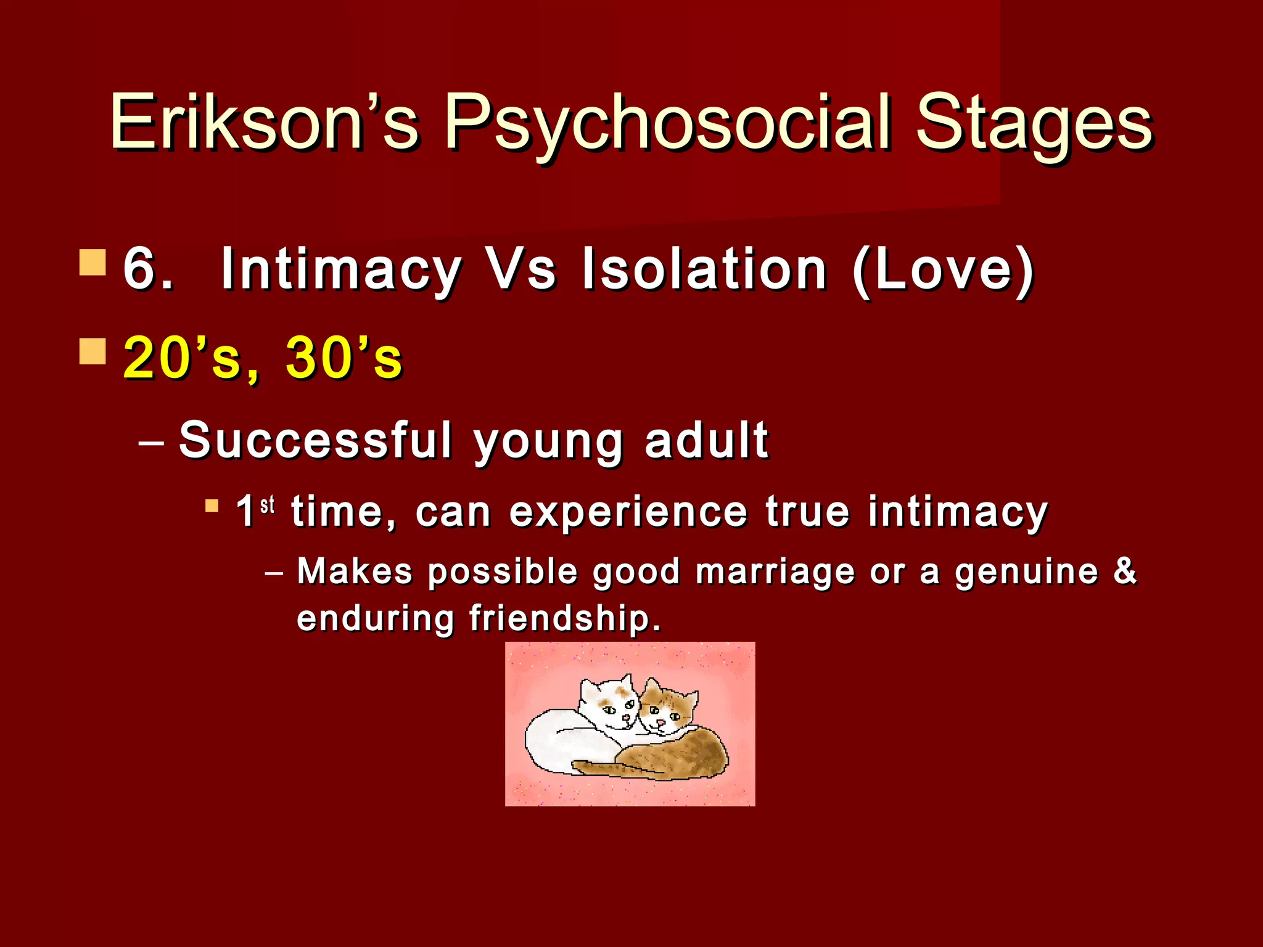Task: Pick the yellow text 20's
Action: (181, 358)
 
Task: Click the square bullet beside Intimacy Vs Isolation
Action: (93, 262)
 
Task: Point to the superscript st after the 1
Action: (267, 506)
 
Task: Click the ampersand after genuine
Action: (1125, 570)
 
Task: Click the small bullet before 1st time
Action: (212, 506)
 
